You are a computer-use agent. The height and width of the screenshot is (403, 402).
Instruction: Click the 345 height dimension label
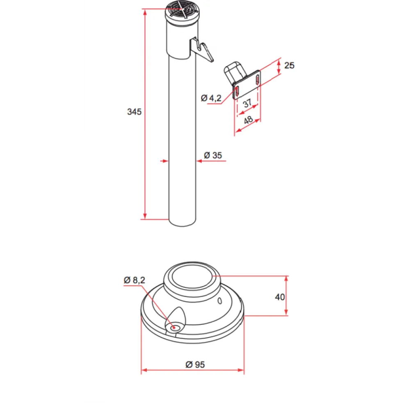pyautogui.click(x=134, y=112)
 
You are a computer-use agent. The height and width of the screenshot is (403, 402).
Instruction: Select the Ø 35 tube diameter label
pyautogui.click(x=213, y=155)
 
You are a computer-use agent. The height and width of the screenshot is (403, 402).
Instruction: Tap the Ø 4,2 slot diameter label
pyautogui.click(x=211, y=98)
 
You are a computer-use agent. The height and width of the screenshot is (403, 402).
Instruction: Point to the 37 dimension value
pyautogui.click(x=247, y=104)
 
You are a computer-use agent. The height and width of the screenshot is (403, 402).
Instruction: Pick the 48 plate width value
pyautogui.click(x=248, y=120)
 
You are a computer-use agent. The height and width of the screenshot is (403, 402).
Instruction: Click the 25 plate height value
pyautogui.click(x=289, y=65)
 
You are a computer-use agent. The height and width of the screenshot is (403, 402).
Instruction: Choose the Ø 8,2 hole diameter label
pyautogui.click(x=134, y=280)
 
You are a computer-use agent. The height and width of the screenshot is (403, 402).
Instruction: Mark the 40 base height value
pyautogui.click(x=280, y=297)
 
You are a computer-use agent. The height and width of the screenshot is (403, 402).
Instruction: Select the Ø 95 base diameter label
pyautogui.click(x=195, y=364)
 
